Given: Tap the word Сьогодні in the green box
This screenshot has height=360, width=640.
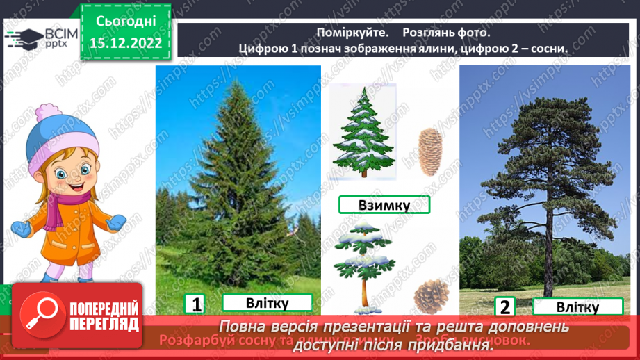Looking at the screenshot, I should click(126, 22).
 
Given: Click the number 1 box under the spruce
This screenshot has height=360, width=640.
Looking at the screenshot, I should click(196, 304).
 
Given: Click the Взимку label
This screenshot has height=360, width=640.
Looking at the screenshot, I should click(384, 205).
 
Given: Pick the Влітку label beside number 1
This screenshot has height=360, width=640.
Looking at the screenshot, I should click(267, 303).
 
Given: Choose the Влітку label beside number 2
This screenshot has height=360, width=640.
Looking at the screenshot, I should click(577, 307).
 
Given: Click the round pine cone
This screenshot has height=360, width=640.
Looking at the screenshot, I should click(431, 297).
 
